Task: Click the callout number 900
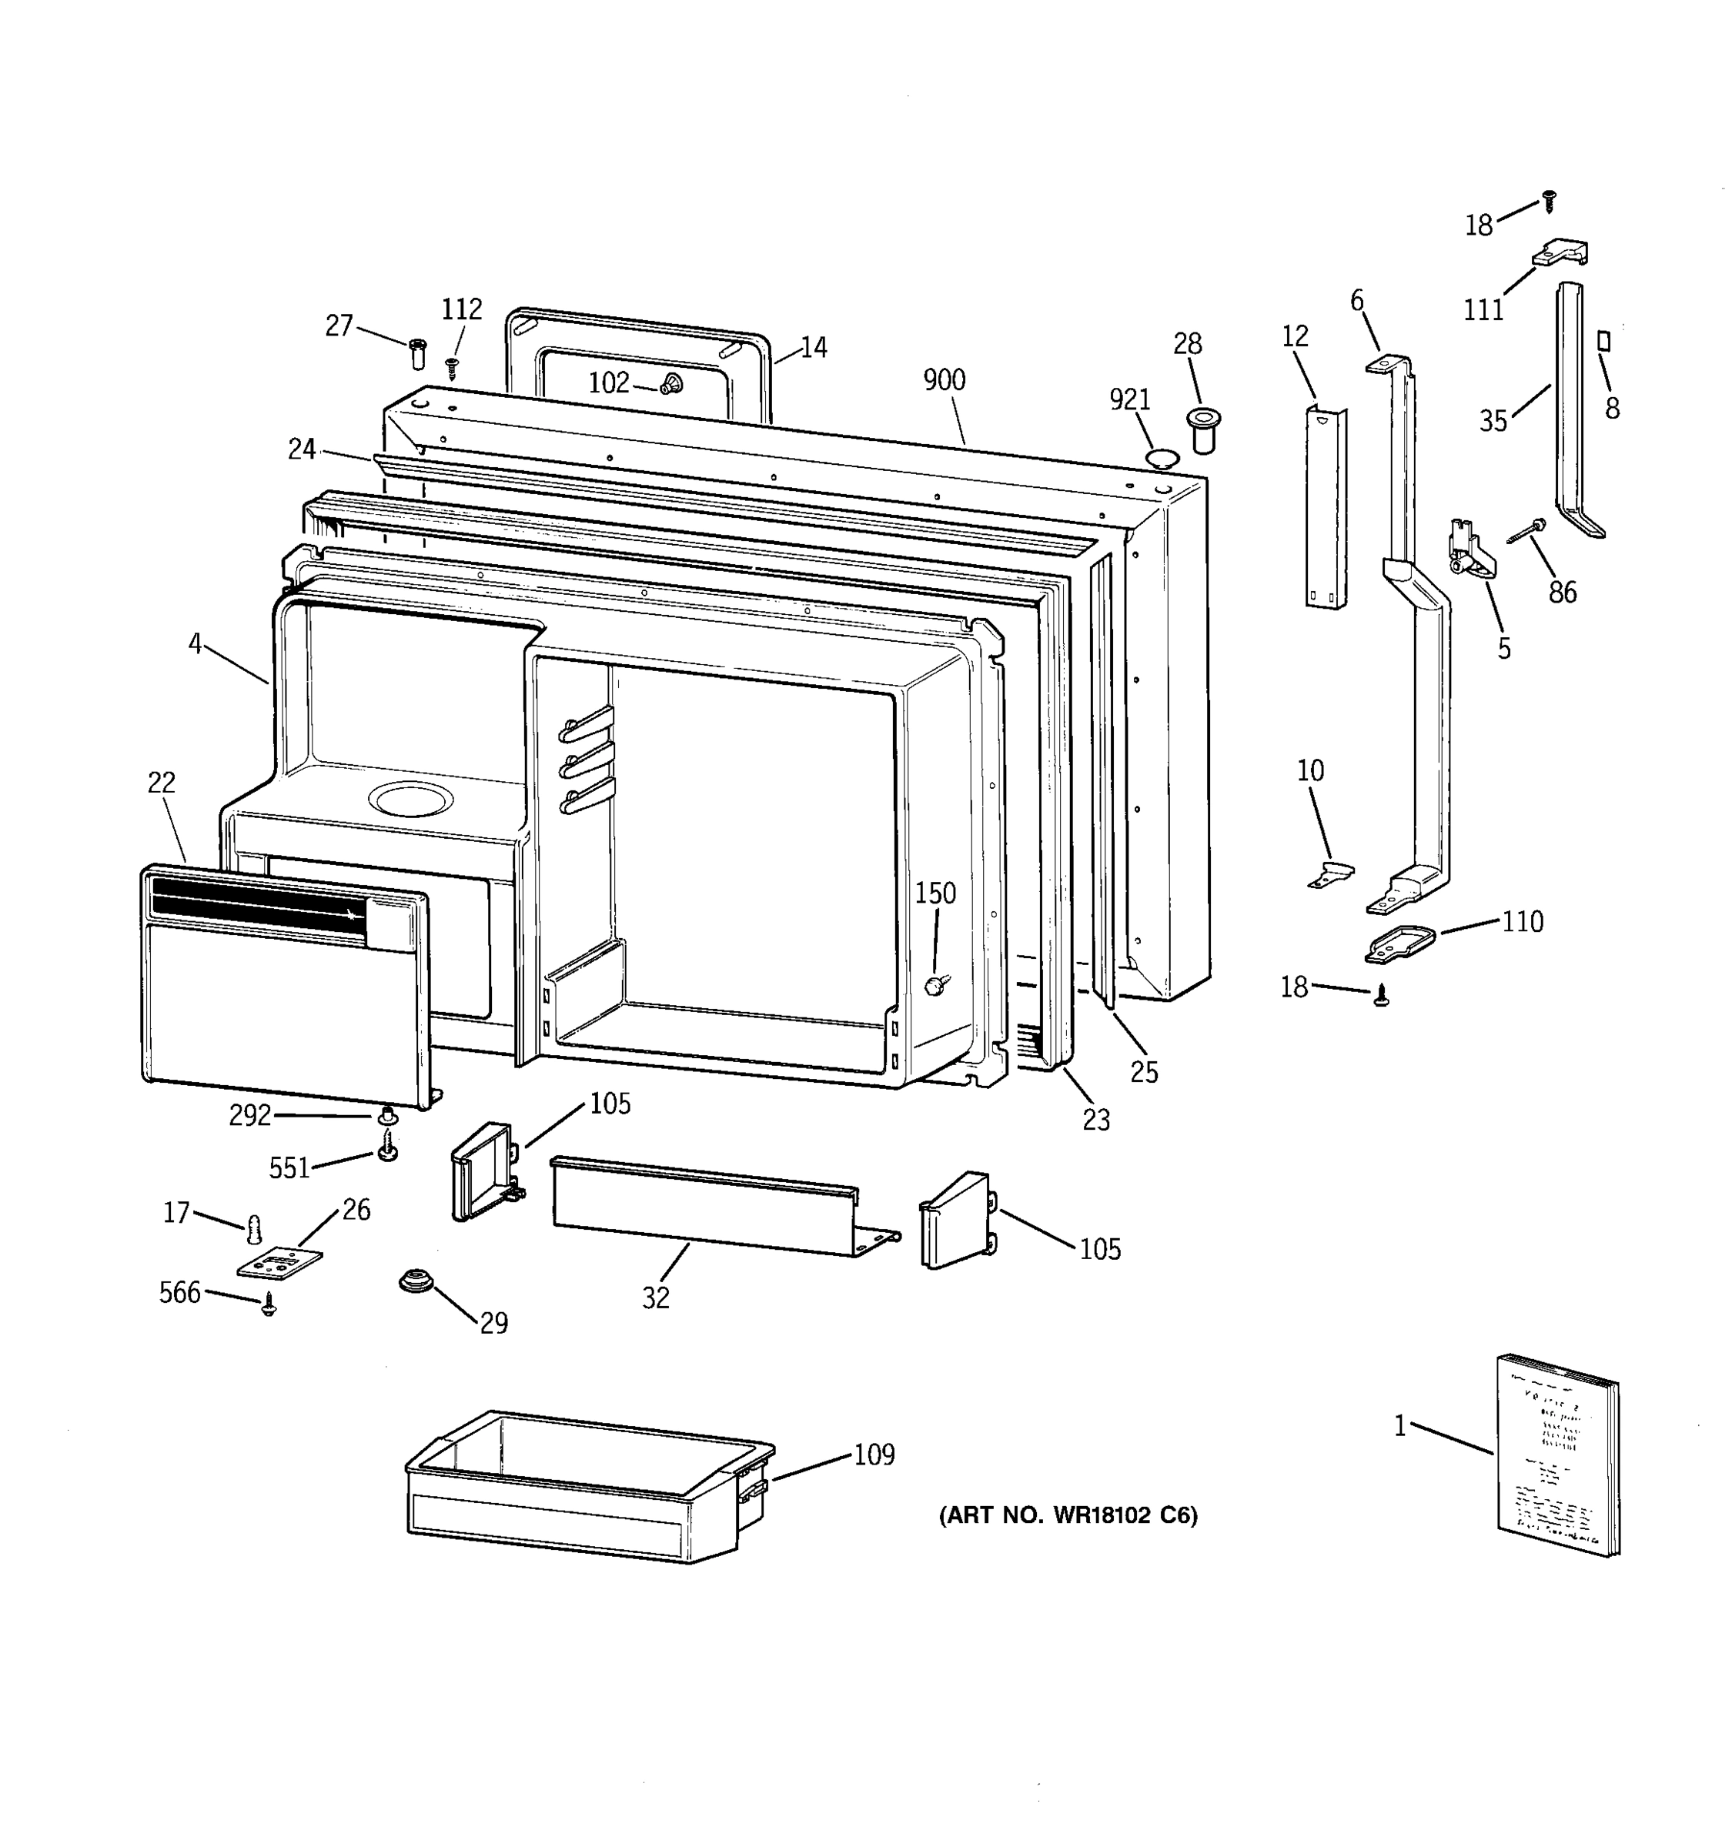click(x=944, y=380)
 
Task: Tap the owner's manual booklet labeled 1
click(x=1556, y=1457)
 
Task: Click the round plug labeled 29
click(x=413, y=1282)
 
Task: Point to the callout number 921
click(x=1130, y=399)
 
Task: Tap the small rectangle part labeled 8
click(x=1603, y=341)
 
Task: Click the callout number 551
click(x=289, y=1168)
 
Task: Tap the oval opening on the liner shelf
click(x=411, y=799)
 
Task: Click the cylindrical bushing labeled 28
click(x=1204, y=429)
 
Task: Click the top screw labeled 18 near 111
click(x=1549, y=200)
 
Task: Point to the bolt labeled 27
click(x=417, y=353)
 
